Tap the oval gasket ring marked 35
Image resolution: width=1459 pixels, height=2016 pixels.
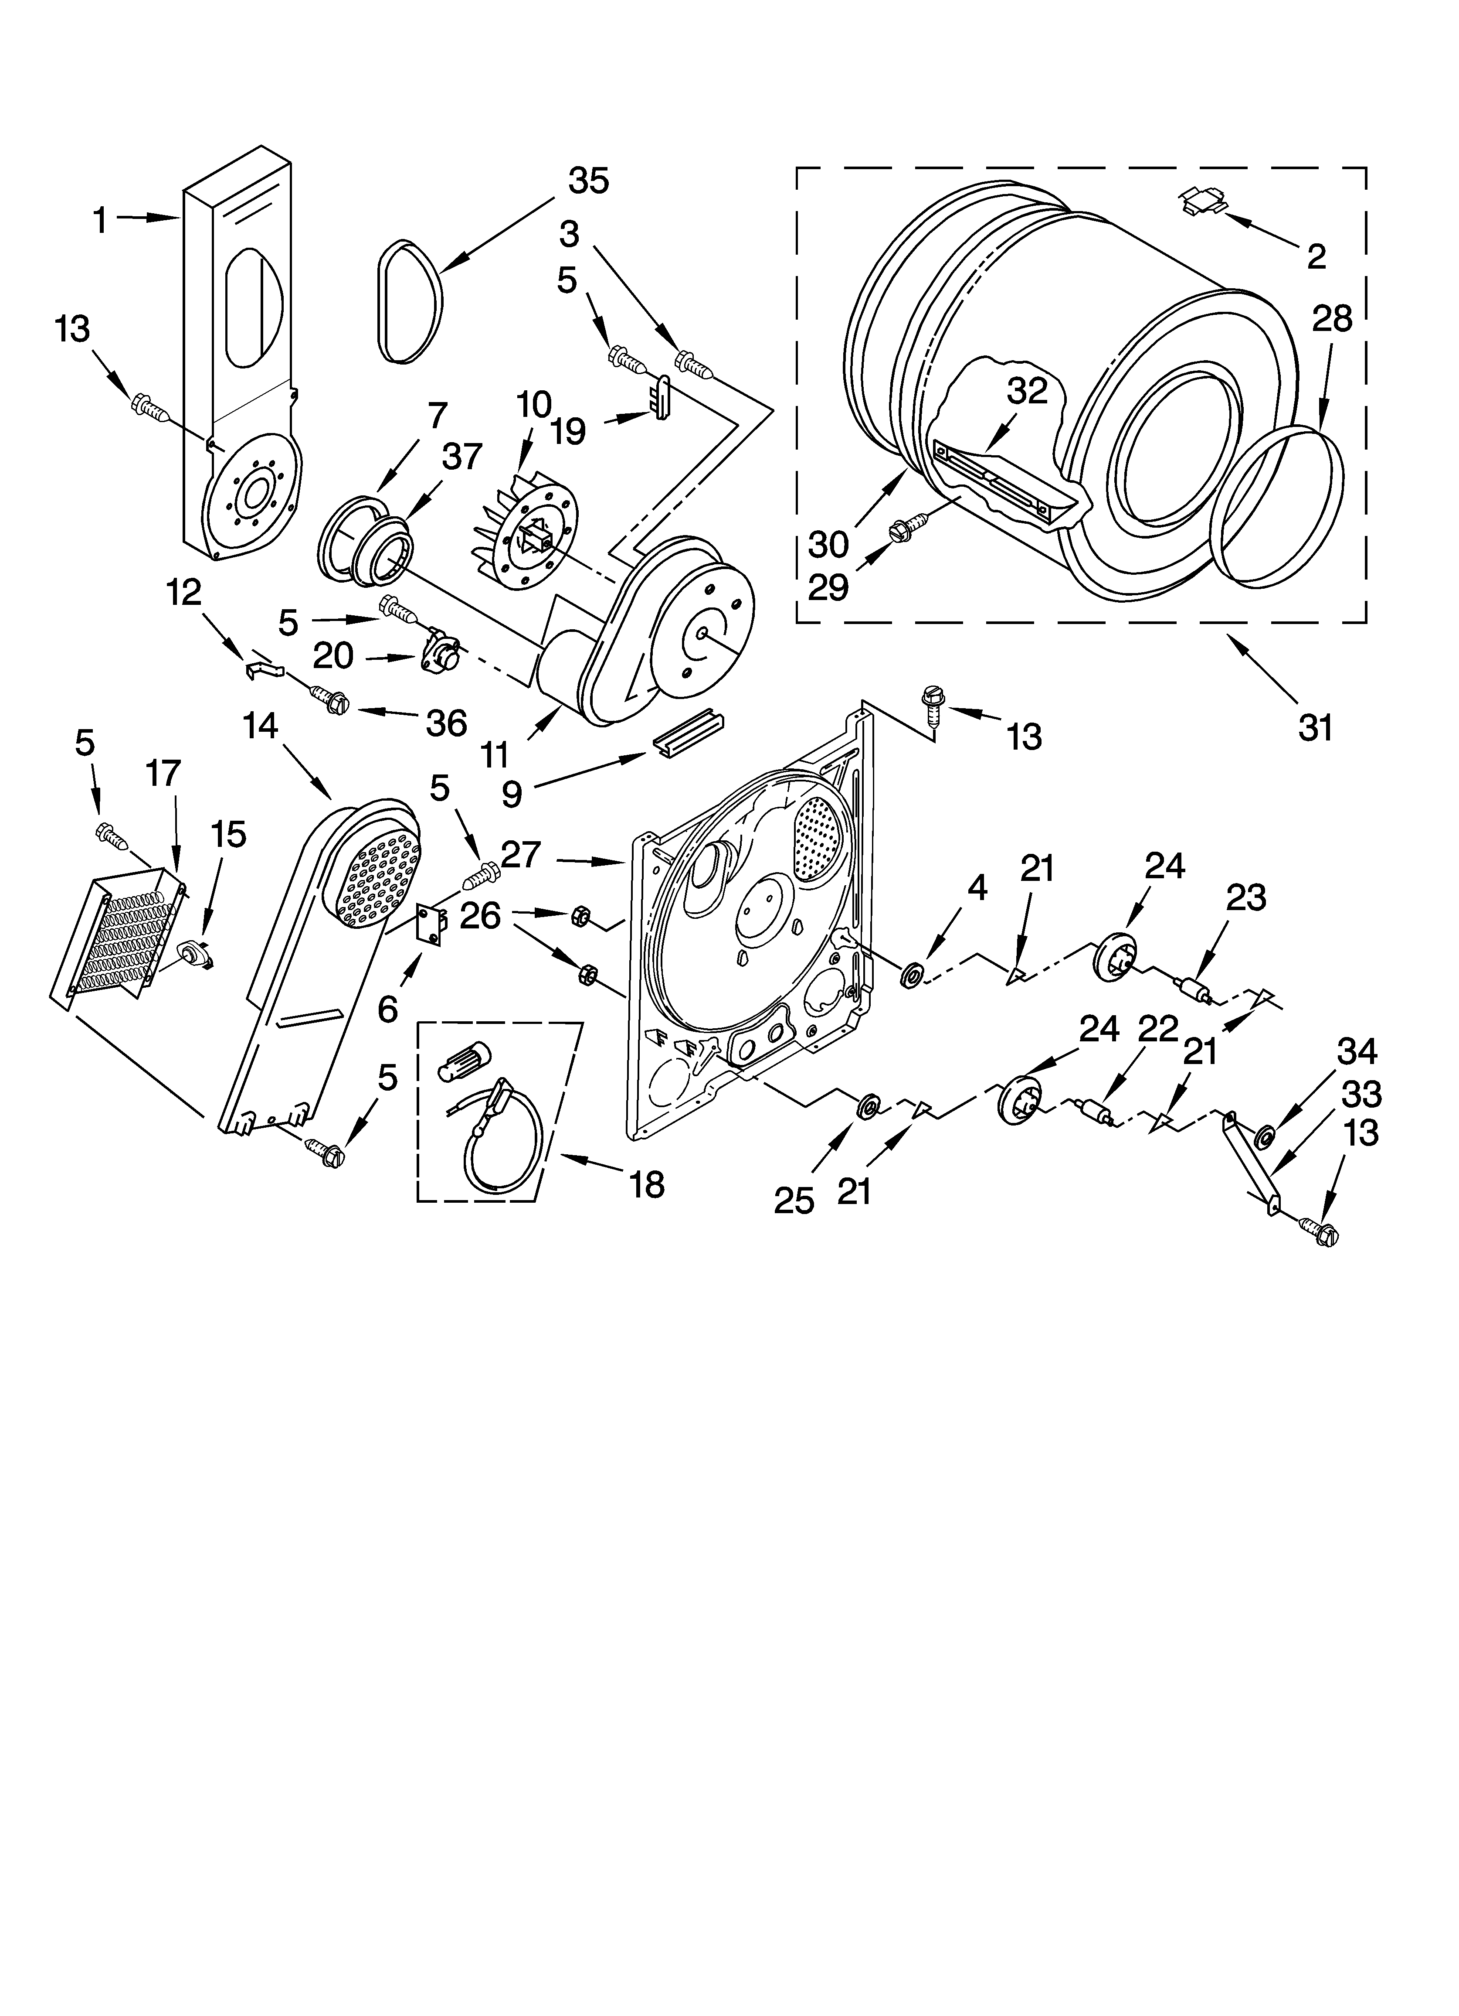(x=410, y=303)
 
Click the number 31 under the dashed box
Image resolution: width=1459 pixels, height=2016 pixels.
(x=1315, y=728)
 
